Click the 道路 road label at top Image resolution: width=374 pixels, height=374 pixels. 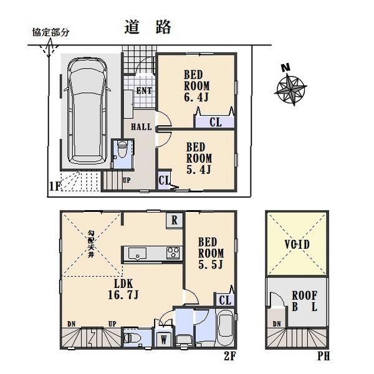pyautogui.click(x=148, y=27)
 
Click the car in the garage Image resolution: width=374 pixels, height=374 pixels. pyautogui.click(x=87, y=110)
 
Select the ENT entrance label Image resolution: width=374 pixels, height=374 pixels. pyautogui.click(x=144, y=91)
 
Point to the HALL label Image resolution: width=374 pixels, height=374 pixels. pyautogui.click(x=141, y=127)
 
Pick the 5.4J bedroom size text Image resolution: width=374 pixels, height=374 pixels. pyautogui.click(x=201, y=169)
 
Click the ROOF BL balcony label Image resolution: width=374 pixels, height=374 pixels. pyautogui.click(x=305, y=302)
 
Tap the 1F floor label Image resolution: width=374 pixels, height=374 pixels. pyautogui.click(x=55, y=185)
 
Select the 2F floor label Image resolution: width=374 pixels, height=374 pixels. pyautogui.click(x=229, y=357)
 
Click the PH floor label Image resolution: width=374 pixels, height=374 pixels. pyautogui.click(x=323, y=357)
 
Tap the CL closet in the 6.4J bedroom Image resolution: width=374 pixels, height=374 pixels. pyautogui.click(x=216, y=122)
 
